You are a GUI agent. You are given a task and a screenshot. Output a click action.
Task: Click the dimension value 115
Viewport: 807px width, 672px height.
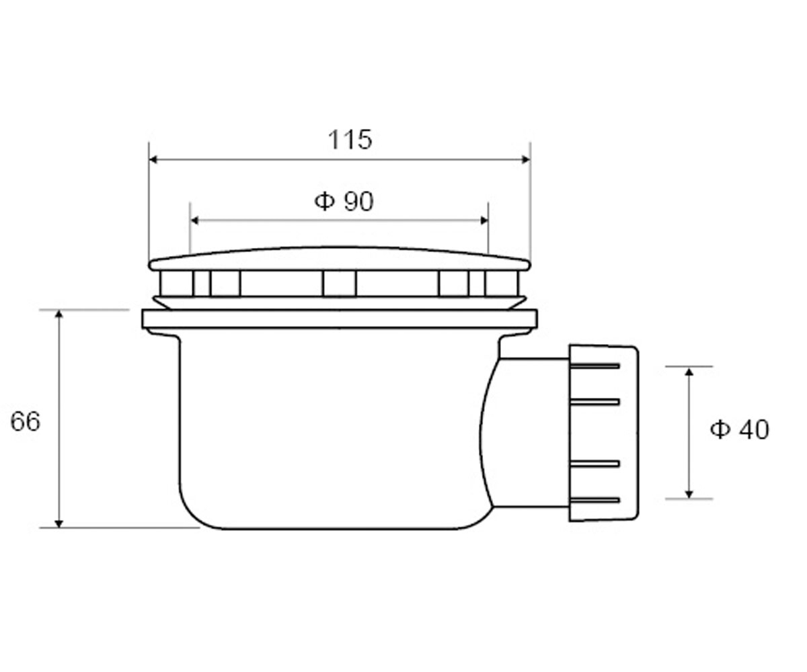coord(350,139)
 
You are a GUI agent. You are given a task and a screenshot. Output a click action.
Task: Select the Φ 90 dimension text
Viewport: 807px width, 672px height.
coord(344,201)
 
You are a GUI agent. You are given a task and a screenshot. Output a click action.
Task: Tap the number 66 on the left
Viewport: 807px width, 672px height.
coord(25,421)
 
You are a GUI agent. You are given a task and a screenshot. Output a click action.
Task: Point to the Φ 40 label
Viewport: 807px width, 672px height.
coord(739,429)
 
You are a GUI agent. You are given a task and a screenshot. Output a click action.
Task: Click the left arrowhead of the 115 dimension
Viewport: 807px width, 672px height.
coord(153,159)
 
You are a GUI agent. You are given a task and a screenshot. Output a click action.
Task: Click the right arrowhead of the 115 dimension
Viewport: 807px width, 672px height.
coord(526,159)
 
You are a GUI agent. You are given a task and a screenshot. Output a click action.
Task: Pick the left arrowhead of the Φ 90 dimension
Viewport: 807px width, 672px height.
coord(195,220)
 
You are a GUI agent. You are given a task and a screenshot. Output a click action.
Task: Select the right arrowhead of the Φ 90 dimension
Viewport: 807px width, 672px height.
coord(484,220)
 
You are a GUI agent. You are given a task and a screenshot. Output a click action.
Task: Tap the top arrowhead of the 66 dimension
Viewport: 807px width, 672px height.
coord(59,314)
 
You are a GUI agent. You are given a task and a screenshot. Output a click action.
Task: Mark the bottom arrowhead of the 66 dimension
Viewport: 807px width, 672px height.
coord(59,523)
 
